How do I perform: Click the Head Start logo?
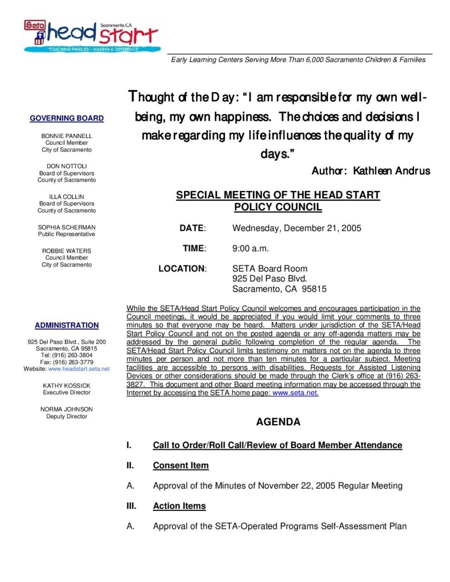point(92,36)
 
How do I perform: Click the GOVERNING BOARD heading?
point(67,118)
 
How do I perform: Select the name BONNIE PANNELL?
point(67,136)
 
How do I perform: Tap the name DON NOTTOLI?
point(67,166)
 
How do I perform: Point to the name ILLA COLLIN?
point(67,197)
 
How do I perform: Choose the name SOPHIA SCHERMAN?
point(67,227)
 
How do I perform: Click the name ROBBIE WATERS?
point(67,251)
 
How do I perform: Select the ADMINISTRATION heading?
point(67,326)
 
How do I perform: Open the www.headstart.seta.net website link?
point(79,369)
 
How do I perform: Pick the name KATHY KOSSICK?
point(67,386)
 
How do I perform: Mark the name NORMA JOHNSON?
point(67,409)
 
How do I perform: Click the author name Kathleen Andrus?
point(391,171)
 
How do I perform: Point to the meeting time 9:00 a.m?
point(250,249)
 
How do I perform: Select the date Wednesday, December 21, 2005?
point(297,228)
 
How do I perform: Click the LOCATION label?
point(182,269)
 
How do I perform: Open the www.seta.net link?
point(295,393)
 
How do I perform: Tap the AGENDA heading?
point(278,422)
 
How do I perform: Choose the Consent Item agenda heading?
point(181,466)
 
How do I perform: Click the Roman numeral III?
point(131,506)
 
